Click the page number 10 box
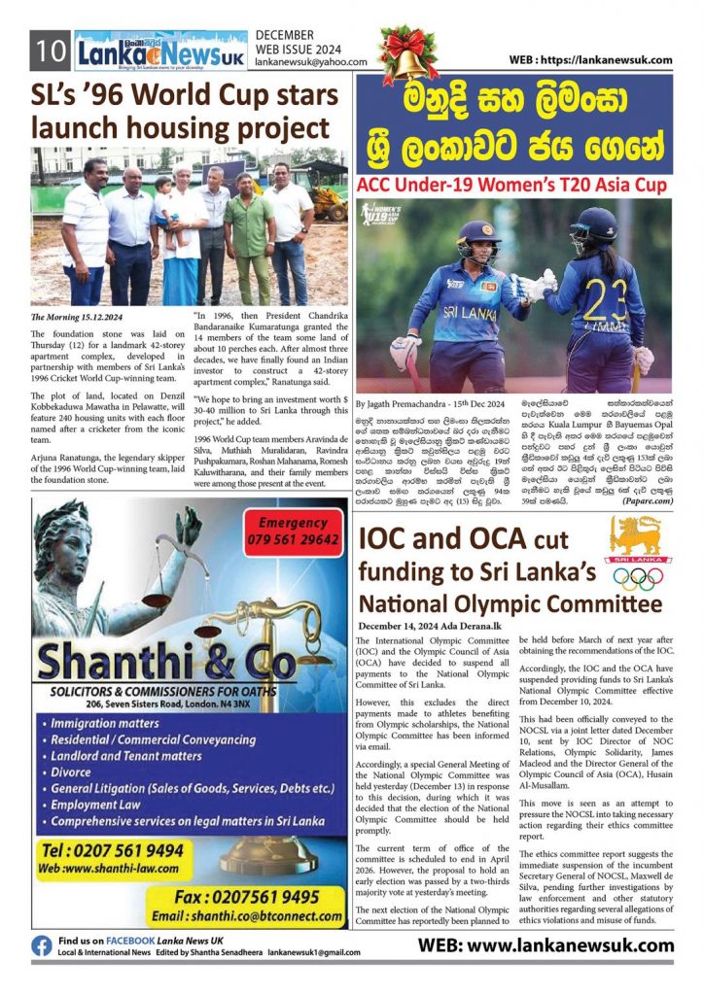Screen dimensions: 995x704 point(49,50)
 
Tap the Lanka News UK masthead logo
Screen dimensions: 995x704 point(159,50)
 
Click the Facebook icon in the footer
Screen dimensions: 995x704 point(42,946)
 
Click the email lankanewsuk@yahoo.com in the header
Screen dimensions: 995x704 point(311,61)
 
